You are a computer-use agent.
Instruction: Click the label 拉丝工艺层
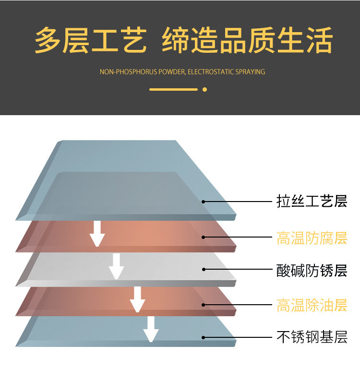312,201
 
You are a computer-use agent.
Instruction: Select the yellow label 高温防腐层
312,238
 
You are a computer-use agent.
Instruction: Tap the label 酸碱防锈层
312,271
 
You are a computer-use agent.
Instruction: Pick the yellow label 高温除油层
312,305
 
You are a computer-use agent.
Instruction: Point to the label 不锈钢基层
312,337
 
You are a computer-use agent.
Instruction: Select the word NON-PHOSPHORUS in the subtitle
128,72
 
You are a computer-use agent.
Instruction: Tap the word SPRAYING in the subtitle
251,72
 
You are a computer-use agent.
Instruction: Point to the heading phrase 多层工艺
91,40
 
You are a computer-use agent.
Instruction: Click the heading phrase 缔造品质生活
247,40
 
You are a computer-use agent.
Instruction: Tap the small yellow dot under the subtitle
204,89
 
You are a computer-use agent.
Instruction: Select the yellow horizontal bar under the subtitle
174,89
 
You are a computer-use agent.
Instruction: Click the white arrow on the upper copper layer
97,234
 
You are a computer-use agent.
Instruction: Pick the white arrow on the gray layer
116,266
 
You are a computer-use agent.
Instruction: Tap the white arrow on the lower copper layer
137,299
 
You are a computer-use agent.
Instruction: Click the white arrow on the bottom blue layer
151,329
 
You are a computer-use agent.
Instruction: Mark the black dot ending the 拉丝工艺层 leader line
204,202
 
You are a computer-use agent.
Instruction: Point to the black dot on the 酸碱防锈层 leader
204,269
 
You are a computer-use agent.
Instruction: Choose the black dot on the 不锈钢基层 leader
204,337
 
